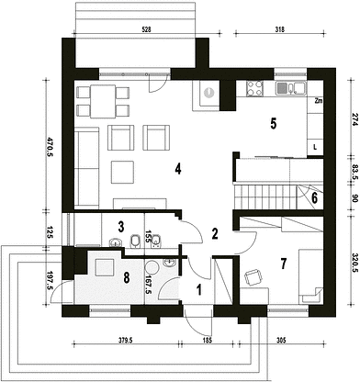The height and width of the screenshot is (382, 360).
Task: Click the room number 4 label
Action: tap(178, 168)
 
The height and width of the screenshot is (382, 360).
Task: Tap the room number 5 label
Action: tap(273, 123)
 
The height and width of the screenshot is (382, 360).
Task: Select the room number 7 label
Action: tap(284, 264)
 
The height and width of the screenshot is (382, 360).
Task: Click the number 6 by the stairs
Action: tap(314, 198)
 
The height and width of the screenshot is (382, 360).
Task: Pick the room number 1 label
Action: tap(199, 289)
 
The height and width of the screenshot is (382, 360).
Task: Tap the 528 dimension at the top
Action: tap(147, 29)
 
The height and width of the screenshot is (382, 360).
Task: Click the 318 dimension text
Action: tap(280, 29)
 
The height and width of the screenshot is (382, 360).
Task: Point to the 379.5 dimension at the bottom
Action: tap(125, 340)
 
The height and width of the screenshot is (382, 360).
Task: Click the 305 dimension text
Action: tap(281, 340)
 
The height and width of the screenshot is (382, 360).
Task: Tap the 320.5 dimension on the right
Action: tap(355, 261)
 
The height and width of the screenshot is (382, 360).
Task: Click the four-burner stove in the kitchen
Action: tap(254, 88)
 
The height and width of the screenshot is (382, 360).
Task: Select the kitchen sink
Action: tap(291, 88)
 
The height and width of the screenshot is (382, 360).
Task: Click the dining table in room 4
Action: tap(103, 102)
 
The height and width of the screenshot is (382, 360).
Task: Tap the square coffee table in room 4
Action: tap(122, 172)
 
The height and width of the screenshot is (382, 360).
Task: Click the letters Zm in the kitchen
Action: tap(319, 101)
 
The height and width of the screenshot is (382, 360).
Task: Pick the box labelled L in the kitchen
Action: tap(315, 147)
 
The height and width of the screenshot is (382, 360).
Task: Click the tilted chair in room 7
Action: tap(253, 277)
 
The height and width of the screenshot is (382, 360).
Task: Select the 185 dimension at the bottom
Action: tap(208, 340)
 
